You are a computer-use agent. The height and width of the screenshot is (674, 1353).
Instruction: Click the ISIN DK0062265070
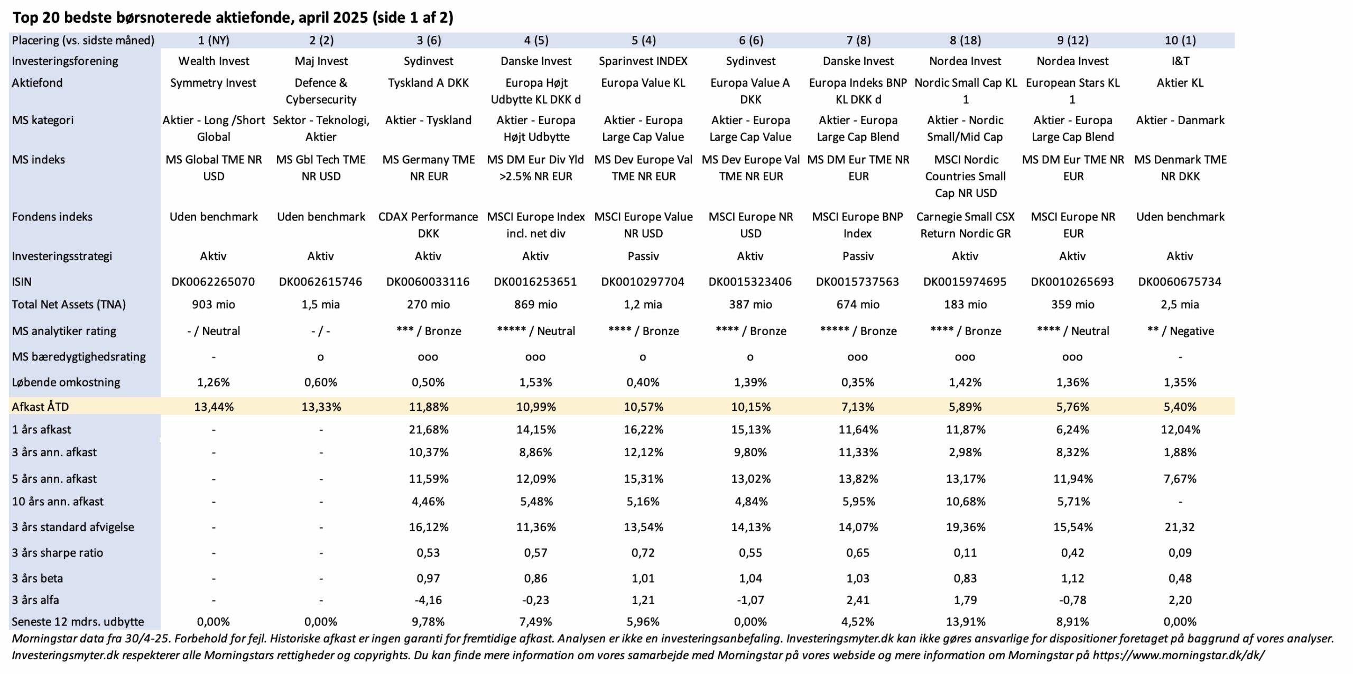(x=213, y=282)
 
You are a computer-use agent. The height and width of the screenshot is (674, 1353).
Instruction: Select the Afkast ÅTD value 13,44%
(x=214, y=407)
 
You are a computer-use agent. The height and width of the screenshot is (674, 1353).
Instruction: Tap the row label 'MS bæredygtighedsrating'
(x=79, y=357)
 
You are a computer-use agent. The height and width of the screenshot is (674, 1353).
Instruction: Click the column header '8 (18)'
(x=965, y=40)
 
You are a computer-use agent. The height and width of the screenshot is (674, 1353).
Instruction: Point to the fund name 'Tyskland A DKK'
(x=428, y=82)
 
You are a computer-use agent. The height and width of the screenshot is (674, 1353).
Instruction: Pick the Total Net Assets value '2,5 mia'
(x=1180, y=304)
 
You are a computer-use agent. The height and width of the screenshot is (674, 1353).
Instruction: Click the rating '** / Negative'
(x=1180, y=331)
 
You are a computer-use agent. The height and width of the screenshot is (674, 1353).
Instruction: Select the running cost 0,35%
(x=858, y=382)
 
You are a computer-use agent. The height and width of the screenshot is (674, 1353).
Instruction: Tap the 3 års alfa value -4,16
(x=428, y=600)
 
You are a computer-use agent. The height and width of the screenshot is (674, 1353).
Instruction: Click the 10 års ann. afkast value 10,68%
(x=966, y=501)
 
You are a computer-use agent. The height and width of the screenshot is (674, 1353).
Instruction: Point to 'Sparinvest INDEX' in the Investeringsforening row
(x=643, y=61)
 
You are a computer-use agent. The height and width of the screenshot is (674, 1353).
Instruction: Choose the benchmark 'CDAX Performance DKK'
(x=428, y=225)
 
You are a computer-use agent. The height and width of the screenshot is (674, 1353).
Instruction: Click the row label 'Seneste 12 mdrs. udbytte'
(x=78, y=622)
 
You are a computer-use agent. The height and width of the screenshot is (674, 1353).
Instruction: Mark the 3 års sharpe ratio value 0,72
(x=643, y=552)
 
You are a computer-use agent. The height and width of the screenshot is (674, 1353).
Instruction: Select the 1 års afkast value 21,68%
(x=428, y=429)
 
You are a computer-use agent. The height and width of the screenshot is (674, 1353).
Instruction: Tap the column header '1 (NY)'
(x=214, y=40)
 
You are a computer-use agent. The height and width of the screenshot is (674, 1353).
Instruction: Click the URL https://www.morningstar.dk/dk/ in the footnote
(x=1179, y=655)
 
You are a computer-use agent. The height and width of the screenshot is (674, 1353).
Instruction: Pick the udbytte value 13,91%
(x=966, y=622)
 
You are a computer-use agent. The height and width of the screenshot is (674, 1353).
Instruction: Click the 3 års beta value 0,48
(x=1180, y=578)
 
